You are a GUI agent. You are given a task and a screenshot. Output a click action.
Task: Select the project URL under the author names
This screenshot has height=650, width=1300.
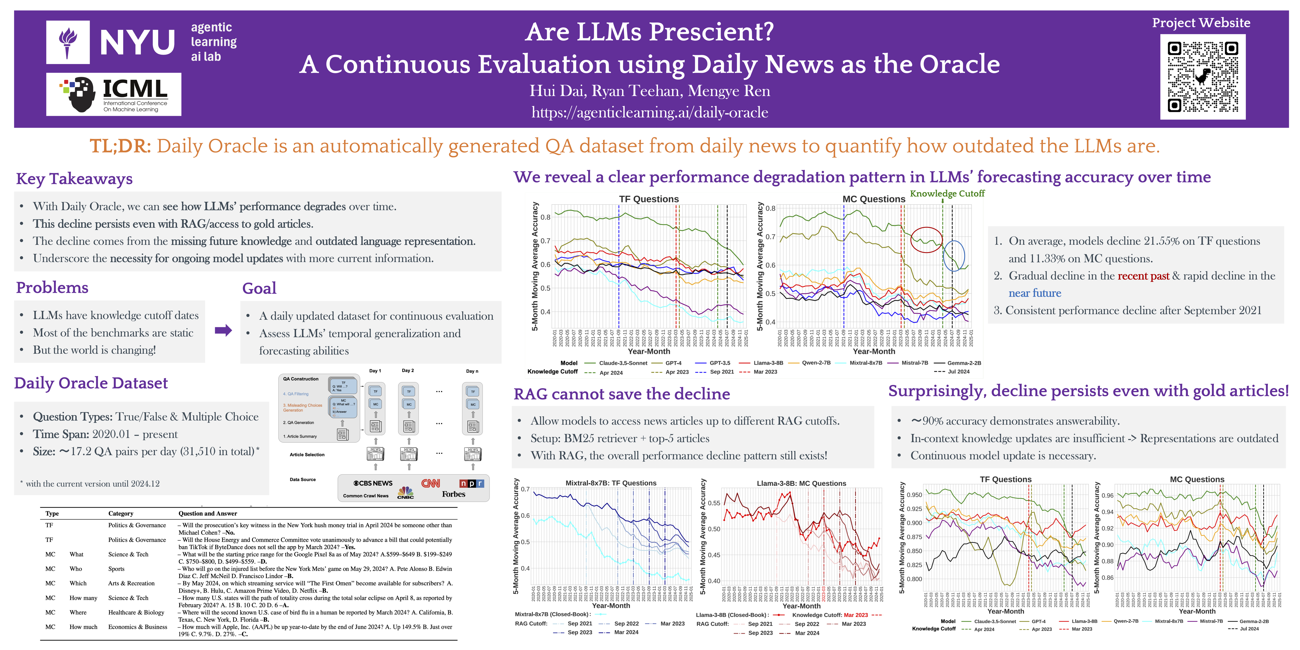pyautogui.click(x=649, y=112)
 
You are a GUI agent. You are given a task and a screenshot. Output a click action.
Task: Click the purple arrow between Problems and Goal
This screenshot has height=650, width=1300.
pyautogui.click(x=223, y=331)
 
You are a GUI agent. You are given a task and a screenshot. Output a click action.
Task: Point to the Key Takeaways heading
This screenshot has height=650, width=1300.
pyautogui.click(x=74, y=179)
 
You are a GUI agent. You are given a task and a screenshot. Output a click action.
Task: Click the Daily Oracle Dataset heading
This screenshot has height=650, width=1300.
pyautogui.click(x=91, y=383)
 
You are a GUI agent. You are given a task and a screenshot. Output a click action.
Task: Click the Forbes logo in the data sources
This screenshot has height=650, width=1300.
pyautogui.click(x=453, y=494)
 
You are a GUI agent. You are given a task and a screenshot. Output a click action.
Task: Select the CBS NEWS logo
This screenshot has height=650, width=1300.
pyautogui.click(x=373, y=483)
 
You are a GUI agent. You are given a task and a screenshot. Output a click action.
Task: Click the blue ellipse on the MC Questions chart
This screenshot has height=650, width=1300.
pyautogui.click(x=954, y=256)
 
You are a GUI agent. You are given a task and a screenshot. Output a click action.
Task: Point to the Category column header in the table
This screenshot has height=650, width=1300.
pyautogui.click(x=121, y=513)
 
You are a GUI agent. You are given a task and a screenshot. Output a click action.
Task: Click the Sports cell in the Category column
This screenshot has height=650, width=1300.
pyautogui.click(x=116, y=569)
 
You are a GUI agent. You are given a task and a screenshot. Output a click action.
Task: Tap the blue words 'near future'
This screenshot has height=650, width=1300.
pyautogui.click(x=1035, y=293)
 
